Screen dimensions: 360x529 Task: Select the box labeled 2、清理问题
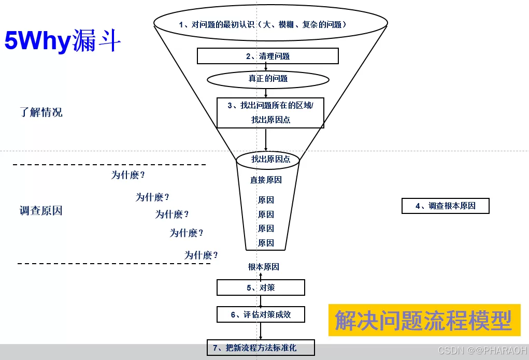click(268, 56)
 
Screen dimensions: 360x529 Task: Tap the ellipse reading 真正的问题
click(268, 79)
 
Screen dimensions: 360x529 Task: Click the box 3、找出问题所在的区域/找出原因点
click(270, 112)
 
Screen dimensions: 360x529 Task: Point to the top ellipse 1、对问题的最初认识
click(270, 24)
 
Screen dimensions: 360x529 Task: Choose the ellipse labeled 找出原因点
click(268, 159)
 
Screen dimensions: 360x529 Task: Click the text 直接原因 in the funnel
click(266, 180)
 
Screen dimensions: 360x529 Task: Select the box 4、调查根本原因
click(446, 206)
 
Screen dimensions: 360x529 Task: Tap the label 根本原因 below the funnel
click(264, 267)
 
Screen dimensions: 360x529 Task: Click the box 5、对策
click(261, 287)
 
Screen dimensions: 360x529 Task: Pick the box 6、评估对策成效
click(261, 314)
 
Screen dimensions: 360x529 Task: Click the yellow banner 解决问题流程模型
click(424, 320)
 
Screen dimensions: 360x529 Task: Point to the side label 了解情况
click(41, 112)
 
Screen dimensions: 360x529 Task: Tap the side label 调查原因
click(41, 211)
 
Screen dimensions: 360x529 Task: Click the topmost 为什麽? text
click(128, 175)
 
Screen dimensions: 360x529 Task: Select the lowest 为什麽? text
click(201, 255)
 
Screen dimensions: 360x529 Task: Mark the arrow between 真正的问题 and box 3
click(266, 93)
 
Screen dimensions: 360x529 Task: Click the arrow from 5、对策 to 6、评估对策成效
click(261, 301)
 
